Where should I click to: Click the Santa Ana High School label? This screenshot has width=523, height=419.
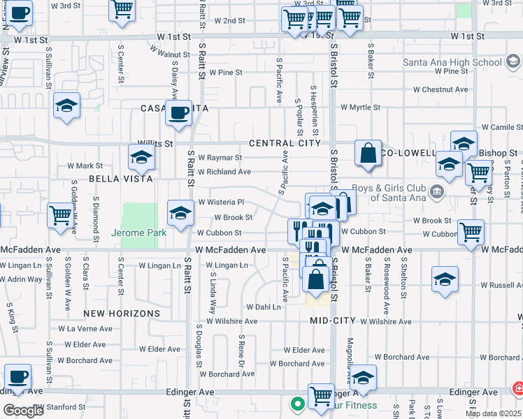(x=452, y=62)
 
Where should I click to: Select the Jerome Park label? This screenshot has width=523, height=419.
(x=138, y=233)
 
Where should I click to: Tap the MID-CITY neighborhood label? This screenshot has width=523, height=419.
(x=333, y=321)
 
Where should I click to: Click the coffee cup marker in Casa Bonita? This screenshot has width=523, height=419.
(x=178, y=112)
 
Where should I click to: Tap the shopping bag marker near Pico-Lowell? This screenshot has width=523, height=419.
(x=368, y=153)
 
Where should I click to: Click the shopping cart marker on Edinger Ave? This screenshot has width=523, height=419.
(x=320, y=395)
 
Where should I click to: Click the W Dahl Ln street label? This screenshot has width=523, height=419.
(x=263, y=307)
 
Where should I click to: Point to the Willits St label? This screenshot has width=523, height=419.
(x=155, y=143)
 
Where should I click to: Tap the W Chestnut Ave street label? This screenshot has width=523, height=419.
(x=440, y=89)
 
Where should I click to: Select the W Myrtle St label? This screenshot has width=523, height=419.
(x=360, y=108)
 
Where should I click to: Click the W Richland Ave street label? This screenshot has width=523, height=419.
(x=224, y=172)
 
